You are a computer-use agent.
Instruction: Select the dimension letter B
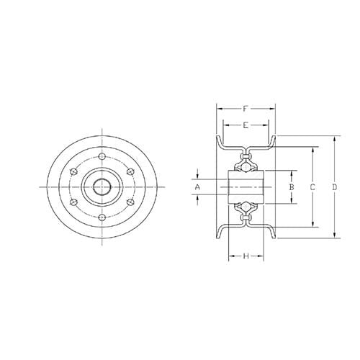(x=291, y=187)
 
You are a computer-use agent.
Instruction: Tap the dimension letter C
(x=312, y=187)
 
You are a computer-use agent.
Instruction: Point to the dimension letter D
(x=335, y=187)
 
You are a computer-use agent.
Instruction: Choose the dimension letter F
(x=246, y=109)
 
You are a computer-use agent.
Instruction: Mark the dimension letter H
(x=246, y=256)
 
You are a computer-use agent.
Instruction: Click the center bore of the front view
(x=101, y=187)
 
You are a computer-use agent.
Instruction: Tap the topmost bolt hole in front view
(x=102, y=156)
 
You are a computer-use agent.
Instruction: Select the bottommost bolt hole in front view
(x=102, y=218)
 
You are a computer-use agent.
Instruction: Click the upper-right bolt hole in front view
(x=129, y=171)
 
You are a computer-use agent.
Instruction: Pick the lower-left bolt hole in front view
(x=74, y=203)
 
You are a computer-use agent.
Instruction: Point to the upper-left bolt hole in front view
(x=74, y=171)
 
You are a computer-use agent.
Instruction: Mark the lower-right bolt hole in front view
(x=129, y=203)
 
